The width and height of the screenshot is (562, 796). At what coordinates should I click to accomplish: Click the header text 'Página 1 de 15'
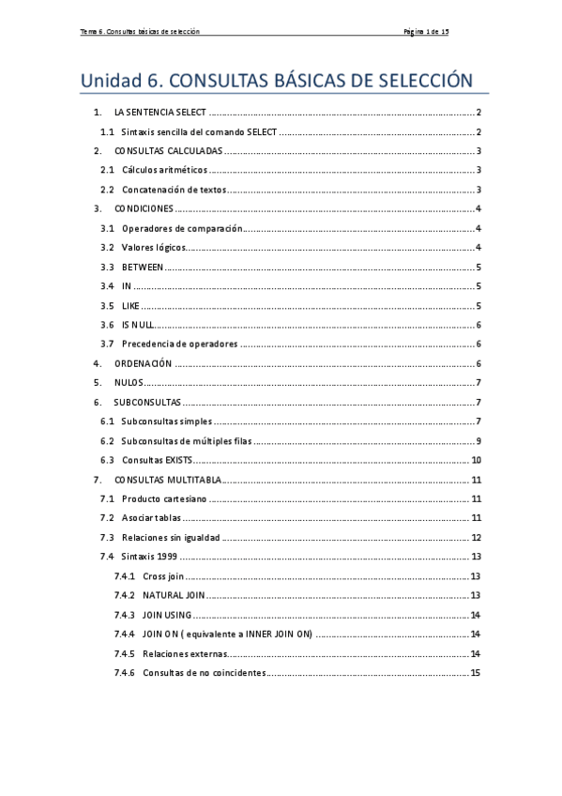425,32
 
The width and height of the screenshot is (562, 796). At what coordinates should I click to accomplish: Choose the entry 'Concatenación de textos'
174,190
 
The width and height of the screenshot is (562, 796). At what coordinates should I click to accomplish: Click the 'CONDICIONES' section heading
144,208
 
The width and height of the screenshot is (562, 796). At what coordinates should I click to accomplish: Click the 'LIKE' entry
130,305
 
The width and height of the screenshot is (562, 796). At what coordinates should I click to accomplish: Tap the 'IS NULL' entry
137,325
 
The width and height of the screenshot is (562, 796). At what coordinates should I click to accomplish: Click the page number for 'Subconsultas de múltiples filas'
478,440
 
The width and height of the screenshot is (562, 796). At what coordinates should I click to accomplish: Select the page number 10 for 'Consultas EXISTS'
476,460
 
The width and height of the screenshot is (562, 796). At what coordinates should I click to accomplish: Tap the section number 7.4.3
125,615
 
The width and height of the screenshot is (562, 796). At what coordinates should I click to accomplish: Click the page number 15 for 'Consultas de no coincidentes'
476,672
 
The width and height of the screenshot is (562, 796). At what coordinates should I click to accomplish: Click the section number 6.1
107,421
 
